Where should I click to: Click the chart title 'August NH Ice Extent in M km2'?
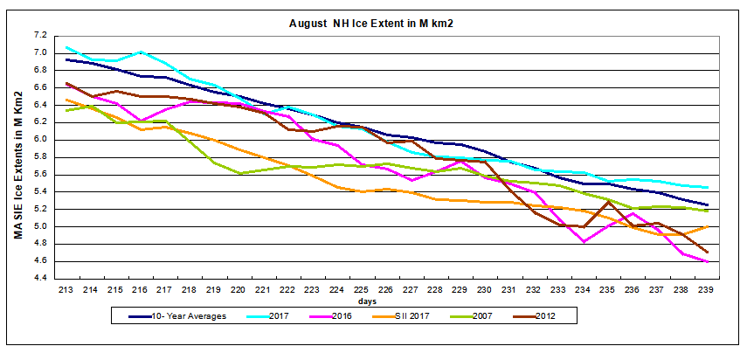374,23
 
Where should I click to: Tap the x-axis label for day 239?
706,289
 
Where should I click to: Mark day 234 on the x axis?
583,289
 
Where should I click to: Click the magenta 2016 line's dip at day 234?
583,242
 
